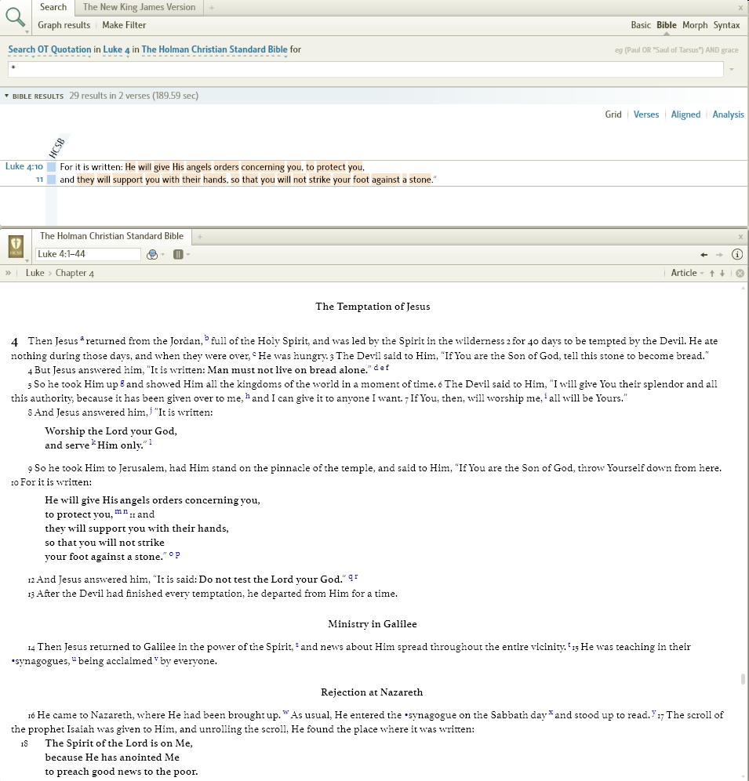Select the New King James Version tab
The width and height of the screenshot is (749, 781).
coord(139,7)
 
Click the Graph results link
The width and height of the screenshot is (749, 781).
coord(64,25)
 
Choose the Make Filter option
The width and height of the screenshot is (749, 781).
coord(124,25)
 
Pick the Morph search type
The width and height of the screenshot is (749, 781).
coord(695,25)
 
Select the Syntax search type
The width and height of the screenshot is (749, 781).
coord(726,25)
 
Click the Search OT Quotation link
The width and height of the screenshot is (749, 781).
coord(49,49)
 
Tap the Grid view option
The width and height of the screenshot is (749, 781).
coord(613,114)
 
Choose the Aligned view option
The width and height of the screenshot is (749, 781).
coord(685,114)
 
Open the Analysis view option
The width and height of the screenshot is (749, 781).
coord(728,114)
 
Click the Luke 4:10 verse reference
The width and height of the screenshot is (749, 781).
coord(24,166)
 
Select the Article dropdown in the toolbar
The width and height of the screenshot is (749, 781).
coord(686,273)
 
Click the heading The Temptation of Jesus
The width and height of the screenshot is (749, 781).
coord(373,307)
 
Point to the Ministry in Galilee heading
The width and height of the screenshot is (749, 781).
coord(373,624)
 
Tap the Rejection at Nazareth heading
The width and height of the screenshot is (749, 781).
coord(372,692)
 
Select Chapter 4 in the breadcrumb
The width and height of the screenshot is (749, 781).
coord(75,273)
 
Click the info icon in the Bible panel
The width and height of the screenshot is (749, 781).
coord(736,254)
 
